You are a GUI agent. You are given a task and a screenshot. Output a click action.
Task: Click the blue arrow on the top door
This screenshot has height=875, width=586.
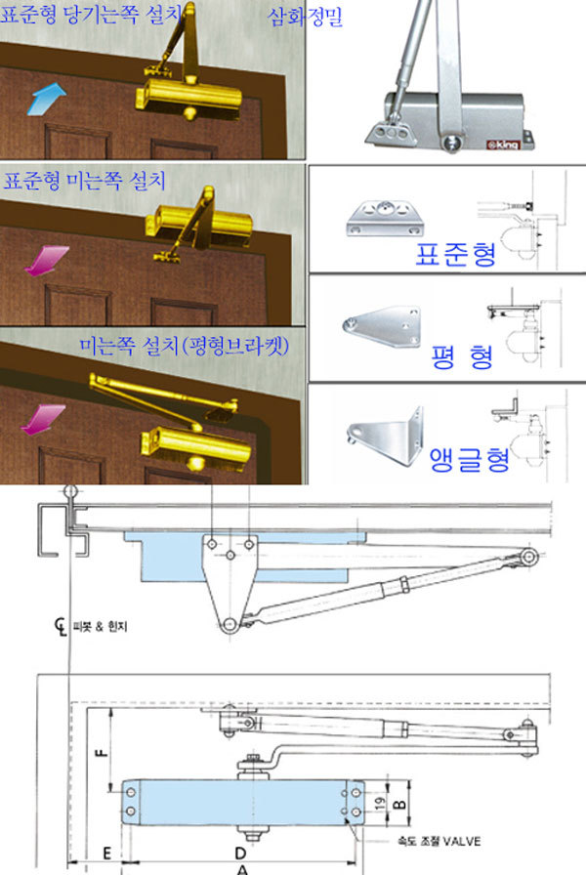pos(46,99)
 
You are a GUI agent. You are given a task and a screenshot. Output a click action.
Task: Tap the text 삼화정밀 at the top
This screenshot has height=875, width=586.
pos(306,17)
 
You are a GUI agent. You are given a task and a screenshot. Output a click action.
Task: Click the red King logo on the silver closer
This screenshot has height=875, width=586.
pos(502,145)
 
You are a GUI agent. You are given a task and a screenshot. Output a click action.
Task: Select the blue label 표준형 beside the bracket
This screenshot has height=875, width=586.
pos(455,255)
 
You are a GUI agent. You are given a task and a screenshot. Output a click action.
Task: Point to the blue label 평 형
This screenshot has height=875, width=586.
pos(462,357)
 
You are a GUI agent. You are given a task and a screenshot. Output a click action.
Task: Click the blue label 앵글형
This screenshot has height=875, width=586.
pos(470,460)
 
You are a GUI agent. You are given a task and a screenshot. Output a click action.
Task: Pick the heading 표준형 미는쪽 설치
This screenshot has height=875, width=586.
pos(85,181)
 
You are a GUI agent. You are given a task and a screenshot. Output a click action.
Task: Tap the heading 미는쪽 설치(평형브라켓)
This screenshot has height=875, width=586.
pos(185,346)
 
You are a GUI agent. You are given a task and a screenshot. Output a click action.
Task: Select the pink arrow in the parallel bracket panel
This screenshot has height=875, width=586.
pos(43,419)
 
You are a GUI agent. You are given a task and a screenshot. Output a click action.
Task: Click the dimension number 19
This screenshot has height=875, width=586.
pos(380,804)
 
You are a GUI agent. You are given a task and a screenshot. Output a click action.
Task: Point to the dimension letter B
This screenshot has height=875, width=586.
pos(399,804)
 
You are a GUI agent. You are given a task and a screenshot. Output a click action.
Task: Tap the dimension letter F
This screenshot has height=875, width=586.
pos(102,752)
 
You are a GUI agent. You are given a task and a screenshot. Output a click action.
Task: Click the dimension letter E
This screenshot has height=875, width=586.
pos(107,854)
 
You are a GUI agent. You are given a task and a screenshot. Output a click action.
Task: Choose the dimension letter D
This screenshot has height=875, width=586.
pos(240,854)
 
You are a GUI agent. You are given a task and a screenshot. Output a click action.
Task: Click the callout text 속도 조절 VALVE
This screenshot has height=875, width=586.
pos(439,841)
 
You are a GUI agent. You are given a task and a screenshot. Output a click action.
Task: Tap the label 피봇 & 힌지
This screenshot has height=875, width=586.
pos(100,626)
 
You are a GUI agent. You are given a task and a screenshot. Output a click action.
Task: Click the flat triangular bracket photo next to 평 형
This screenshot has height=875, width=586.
pos(382,325)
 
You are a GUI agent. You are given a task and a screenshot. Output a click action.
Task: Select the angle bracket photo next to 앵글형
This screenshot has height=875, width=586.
pos(385,437)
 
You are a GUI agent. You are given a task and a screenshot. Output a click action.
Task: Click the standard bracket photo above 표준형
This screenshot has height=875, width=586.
pos(386,218)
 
